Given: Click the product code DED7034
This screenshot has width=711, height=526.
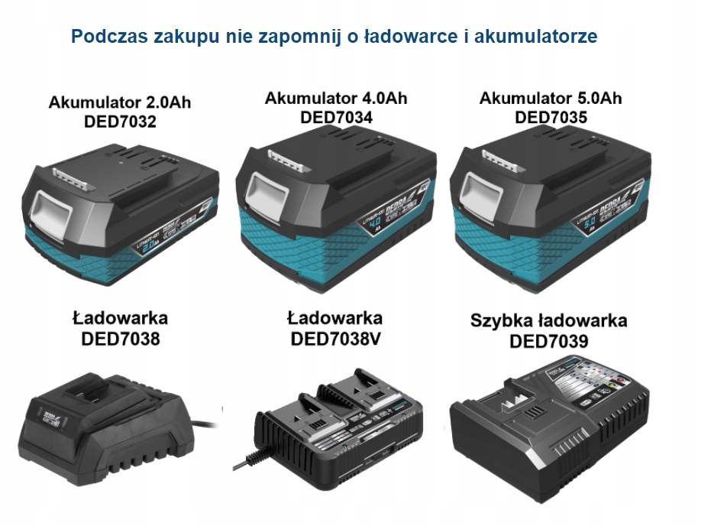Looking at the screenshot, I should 336,118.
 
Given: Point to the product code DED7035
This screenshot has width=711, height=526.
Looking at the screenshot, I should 551,118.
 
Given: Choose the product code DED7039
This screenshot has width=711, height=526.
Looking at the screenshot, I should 549,341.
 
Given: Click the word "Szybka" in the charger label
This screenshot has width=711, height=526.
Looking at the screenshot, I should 501,320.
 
